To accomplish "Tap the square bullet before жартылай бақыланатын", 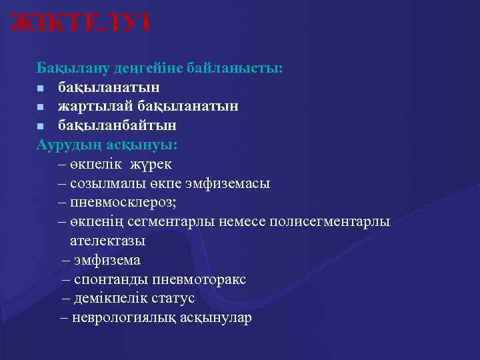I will pos(41,107).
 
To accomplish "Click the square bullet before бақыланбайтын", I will pos(41,126).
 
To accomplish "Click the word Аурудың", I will pos(64,145).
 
